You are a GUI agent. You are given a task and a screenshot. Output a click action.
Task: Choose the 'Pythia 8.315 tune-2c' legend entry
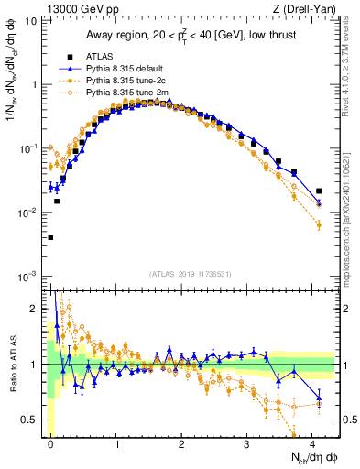pyautogui.click(x=126, y=81)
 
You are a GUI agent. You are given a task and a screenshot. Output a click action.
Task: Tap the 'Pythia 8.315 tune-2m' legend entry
pyautogui.click(x=126, y=93)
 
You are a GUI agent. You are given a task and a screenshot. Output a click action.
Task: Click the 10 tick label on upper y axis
pyautogui.click(x=30, y=20)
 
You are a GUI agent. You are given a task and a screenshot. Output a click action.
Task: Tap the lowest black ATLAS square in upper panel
pyautogui.click(x=50, y=237)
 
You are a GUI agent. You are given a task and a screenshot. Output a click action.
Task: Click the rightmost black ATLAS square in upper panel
pyautogui.click(x=319, y=191)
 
